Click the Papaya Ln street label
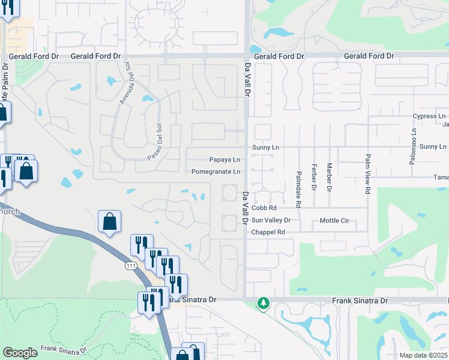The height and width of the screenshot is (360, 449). point(224,160)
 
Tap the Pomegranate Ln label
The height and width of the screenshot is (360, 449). point(216,172)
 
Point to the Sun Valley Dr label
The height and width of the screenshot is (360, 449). point(271,220)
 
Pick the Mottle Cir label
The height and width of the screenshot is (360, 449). point(334,220)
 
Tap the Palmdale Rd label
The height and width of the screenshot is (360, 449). point(298,180)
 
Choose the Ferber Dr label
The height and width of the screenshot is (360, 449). point(313,177)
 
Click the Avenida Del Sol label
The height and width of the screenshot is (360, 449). point(125,83)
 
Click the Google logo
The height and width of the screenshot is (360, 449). point(20,353)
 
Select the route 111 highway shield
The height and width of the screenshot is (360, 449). point(130,265)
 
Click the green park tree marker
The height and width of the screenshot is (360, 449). point(263,303)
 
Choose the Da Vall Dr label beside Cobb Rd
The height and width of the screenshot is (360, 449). point(246,208)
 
